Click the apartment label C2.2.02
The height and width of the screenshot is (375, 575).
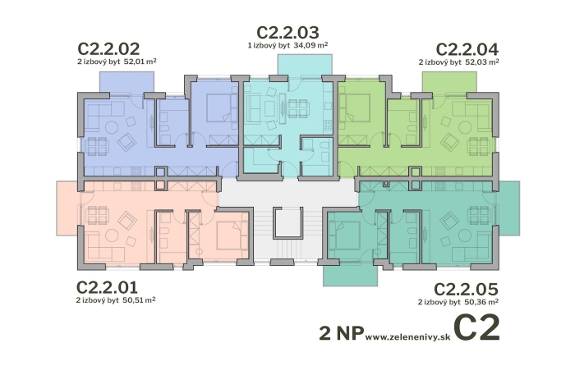(x=110, y=48)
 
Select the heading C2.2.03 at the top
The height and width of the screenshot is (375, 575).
(x=287, y=33)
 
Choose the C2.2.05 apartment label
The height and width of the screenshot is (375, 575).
(x=466, y=290)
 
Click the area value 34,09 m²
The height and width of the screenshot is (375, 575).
(x=310, y=45)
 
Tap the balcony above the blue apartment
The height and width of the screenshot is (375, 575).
(x=126, y=81)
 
